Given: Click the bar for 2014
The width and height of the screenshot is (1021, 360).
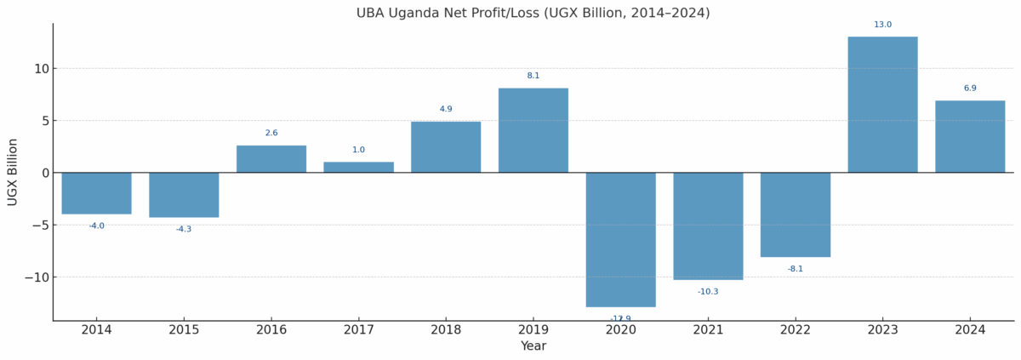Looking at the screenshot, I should pos(96,193).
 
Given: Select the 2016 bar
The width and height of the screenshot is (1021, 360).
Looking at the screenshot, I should pos(271,159).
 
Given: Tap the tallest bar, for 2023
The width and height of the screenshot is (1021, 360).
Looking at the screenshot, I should pos(882,105).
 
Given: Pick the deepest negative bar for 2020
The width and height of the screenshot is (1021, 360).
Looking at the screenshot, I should pos(620,239).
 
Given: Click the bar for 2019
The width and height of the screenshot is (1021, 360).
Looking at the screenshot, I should pos(533,130).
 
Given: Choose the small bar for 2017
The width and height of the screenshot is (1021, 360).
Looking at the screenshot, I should pos(358,168).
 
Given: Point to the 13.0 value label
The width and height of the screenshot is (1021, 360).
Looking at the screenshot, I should pos(882,25).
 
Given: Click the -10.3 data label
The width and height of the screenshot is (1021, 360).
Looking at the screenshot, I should pos(708,292).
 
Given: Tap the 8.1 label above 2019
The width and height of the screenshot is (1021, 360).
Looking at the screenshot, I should pos(533,76).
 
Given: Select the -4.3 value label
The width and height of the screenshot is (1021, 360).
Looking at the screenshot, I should pos(184,229).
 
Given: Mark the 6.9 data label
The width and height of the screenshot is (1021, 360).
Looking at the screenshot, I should pos(970,89).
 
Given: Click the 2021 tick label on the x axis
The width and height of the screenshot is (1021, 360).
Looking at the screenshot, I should pos(708,329).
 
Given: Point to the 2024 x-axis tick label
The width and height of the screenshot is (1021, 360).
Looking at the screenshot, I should pos(970,329).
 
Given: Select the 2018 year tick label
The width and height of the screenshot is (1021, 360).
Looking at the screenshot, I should pos(446,329).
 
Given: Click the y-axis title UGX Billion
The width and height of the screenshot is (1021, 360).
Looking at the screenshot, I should pos(13,172).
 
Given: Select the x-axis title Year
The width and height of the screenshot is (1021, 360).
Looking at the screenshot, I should pos(533,346).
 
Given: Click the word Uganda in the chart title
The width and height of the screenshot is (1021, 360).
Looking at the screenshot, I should pos(415,13).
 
